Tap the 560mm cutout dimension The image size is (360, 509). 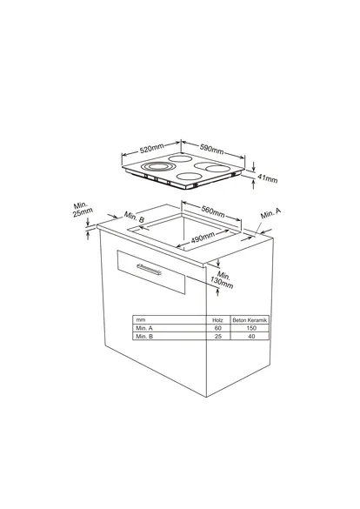coord(213,211)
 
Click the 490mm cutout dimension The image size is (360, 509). coord(203,238)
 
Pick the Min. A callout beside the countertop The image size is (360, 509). coord(271,213)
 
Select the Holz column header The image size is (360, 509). coord(218,320)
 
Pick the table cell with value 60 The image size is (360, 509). coord(218,328)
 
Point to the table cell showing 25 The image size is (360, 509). coord(218,336)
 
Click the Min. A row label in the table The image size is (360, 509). coord(144,328)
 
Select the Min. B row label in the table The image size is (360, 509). coord(144,336)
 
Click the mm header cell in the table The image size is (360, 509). coord(139,320)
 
